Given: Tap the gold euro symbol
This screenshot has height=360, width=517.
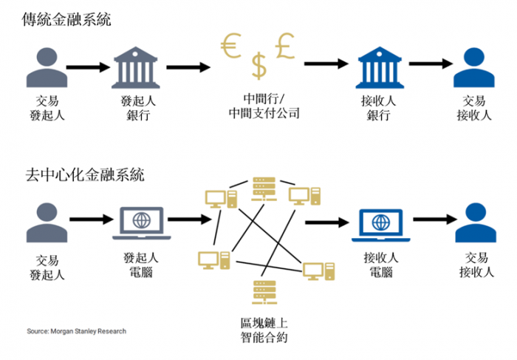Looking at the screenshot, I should (232, 47).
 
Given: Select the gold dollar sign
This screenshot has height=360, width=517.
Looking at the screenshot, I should (258, 66).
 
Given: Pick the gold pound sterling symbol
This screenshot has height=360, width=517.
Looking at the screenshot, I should (287, 46).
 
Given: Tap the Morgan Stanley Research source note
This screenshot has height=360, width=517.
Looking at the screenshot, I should (76, 331).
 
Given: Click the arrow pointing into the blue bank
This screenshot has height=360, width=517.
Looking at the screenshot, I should (326, 65).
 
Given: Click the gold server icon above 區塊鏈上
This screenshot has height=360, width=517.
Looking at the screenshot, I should (259, 291).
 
